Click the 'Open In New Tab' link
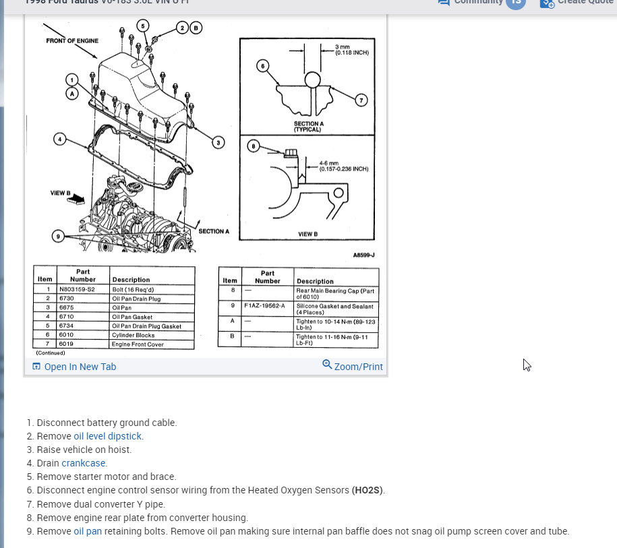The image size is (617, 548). tap(80, 367)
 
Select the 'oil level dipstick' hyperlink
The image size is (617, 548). tap(108, 436)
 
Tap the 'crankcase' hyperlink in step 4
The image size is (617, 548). tap(84, 463)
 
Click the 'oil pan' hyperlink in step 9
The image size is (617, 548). tap(88, 531)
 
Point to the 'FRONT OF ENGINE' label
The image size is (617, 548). tap(72, 40)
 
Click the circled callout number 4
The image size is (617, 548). tap(60, 139)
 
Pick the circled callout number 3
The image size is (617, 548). tap(218, 142)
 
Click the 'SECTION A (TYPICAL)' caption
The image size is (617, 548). tap(308, 127)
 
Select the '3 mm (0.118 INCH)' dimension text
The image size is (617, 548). tap(352, 49)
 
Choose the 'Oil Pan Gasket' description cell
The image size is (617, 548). tap(132, 317)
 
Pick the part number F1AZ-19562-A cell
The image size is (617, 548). tap(264, 306)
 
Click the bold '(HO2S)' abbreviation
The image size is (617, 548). tap(368, 490)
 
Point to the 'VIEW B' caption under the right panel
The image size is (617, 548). tap(307, 234)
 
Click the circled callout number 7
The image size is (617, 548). tap(361, 100)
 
